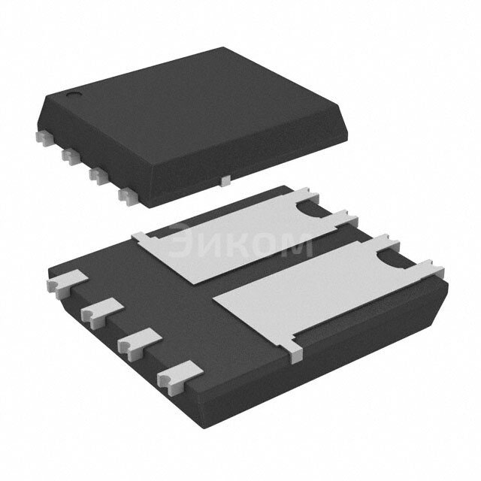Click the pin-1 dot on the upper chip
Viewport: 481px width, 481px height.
(74, 95)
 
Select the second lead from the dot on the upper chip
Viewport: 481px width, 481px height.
(70, 155)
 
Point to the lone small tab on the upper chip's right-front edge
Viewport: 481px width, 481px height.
(225, 180)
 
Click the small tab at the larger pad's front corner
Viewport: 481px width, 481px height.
(295, 348)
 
